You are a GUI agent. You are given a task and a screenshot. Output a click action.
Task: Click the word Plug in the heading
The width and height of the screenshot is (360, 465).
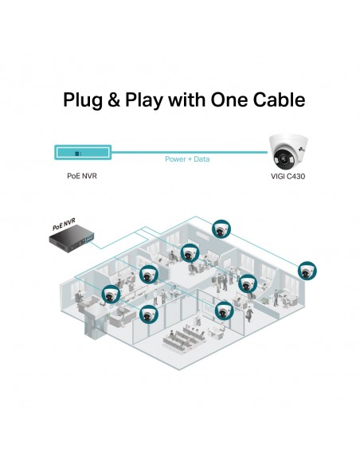(x=83, y=101)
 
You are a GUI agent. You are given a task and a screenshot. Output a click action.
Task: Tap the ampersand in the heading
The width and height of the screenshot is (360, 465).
(x=114, y=100)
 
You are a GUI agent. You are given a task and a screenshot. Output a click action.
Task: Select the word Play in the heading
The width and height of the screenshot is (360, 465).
(x=144, y=101)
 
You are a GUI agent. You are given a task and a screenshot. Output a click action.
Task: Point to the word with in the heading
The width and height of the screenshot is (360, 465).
(x=186, y=100)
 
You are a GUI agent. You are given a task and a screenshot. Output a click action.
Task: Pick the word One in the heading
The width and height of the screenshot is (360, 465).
(x=229, y=100)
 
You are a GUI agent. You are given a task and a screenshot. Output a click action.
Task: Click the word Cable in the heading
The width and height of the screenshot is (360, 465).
(x=279, y=100)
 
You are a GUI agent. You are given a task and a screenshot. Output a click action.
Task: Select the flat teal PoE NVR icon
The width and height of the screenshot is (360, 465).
(x=83, y=152)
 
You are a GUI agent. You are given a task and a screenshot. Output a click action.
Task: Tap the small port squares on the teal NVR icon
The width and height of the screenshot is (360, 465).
(x=78, y=154)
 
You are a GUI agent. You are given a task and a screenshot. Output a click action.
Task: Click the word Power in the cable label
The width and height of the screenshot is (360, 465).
(x=175, y=159)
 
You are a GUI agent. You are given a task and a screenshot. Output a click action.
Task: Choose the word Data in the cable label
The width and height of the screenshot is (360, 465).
(x=202, y=159)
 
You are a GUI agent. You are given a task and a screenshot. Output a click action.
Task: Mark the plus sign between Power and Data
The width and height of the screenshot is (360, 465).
(x=190, y=159)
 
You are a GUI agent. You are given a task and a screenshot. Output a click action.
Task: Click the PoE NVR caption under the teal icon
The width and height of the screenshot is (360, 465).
(x=82, y=176)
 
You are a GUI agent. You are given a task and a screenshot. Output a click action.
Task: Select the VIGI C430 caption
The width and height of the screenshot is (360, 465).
(x=288, y=177)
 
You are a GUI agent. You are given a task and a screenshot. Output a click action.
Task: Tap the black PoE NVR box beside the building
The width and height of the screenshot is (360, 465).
(x=72, y=238)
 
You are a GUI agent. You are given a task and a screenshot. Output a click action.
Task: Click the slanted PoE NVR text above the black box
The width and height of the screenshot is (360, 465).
(x=64, y=225)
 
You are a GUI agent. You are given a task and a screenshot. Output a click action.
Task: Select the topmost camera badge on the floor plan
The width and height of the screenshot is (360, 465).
(x=221, y=229)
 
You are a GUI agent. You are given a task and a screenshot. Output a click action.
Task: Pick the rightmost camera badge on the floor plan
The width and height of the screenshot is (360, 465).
(x=307, y=271)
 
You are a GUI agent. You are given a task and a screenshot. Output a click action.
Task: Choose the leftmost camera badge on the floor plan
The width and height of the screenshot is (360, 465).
(x=111, y=295)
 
